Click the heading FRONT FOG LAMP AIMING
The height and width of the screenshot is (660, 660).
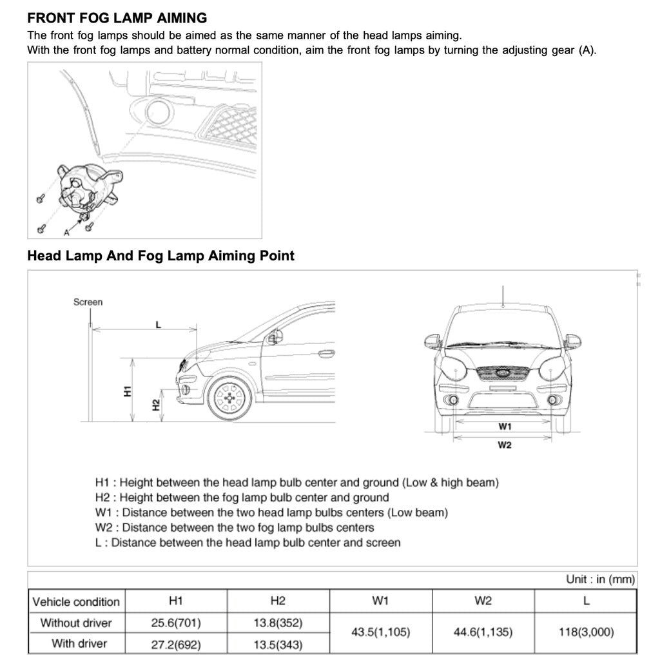pyautogui.click(x=117, y=17)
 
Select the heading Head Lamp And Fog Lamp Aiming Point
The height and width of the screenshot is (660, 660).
pyautogui.click(x=160, y=256)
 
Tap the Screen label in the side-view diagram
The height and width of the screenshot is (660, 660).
pyautogui.click(x=88, y=302)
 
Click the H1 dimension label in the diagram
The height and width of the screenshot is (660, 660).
pyautogui.click(x=128, y=391)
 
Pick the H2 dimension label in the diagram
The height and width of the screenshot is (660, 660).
pyautogui.click(x=155, y=405)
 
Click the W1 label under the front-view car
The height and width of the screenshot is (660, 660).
pyautogui.click(x=505, y=427)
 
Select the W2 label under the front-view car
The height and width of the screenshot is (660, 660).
pyautogui.click(x=505, y=446)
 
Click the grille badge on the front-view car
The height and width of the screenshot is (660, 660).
pyautogui.click(x=502, y=373)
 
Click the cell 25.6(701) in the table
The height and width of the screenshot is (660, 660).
pyautogui.click(x=175, y=623)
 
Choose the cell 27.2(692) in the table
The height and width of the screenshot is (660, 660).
pyautogui.click(x=175, y=643)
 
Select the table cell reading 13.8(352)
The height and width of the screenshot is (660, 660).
pyautogui.click(x=278, y=623)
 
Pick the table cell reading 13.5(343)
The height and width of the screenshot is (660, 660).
pyautogui.click(x=278, y=643)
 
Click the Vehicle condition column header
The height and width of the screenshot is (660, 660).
pyautogui.click(x=76, y=601)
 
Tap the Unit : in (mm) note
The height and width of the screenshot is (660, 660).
pyautogui.click(x=600, y=579)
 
